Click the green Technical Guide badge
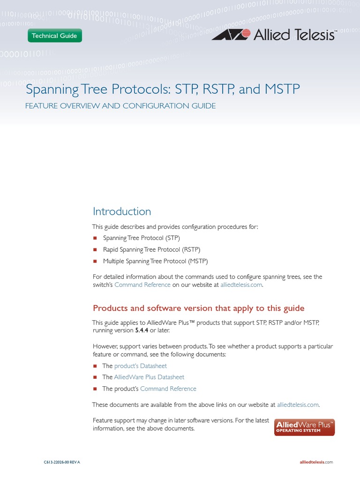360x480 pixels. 54,36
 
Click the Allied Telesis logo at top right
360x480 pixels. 274,35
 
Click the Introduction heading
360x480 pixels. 122,211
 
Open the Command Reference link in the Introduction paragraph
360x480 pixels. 142,285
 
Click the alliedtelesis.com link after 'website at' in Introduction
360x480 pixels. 241,285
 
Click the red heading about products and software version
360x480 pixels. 199,308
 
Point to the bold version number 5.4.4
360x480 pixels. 141,330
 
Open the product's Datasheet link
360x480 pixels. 141,366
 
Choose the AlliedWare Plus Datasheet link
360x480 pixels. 149,377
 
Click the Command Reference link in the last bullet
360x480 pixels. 168,389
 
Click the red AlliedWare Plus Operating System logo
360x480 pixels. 304,427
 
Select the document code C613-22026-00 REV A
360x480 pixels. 62,462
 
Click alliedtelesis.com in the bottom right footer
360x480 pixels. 316,462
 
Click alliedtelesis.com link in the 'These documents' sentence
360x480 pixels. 298,405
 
